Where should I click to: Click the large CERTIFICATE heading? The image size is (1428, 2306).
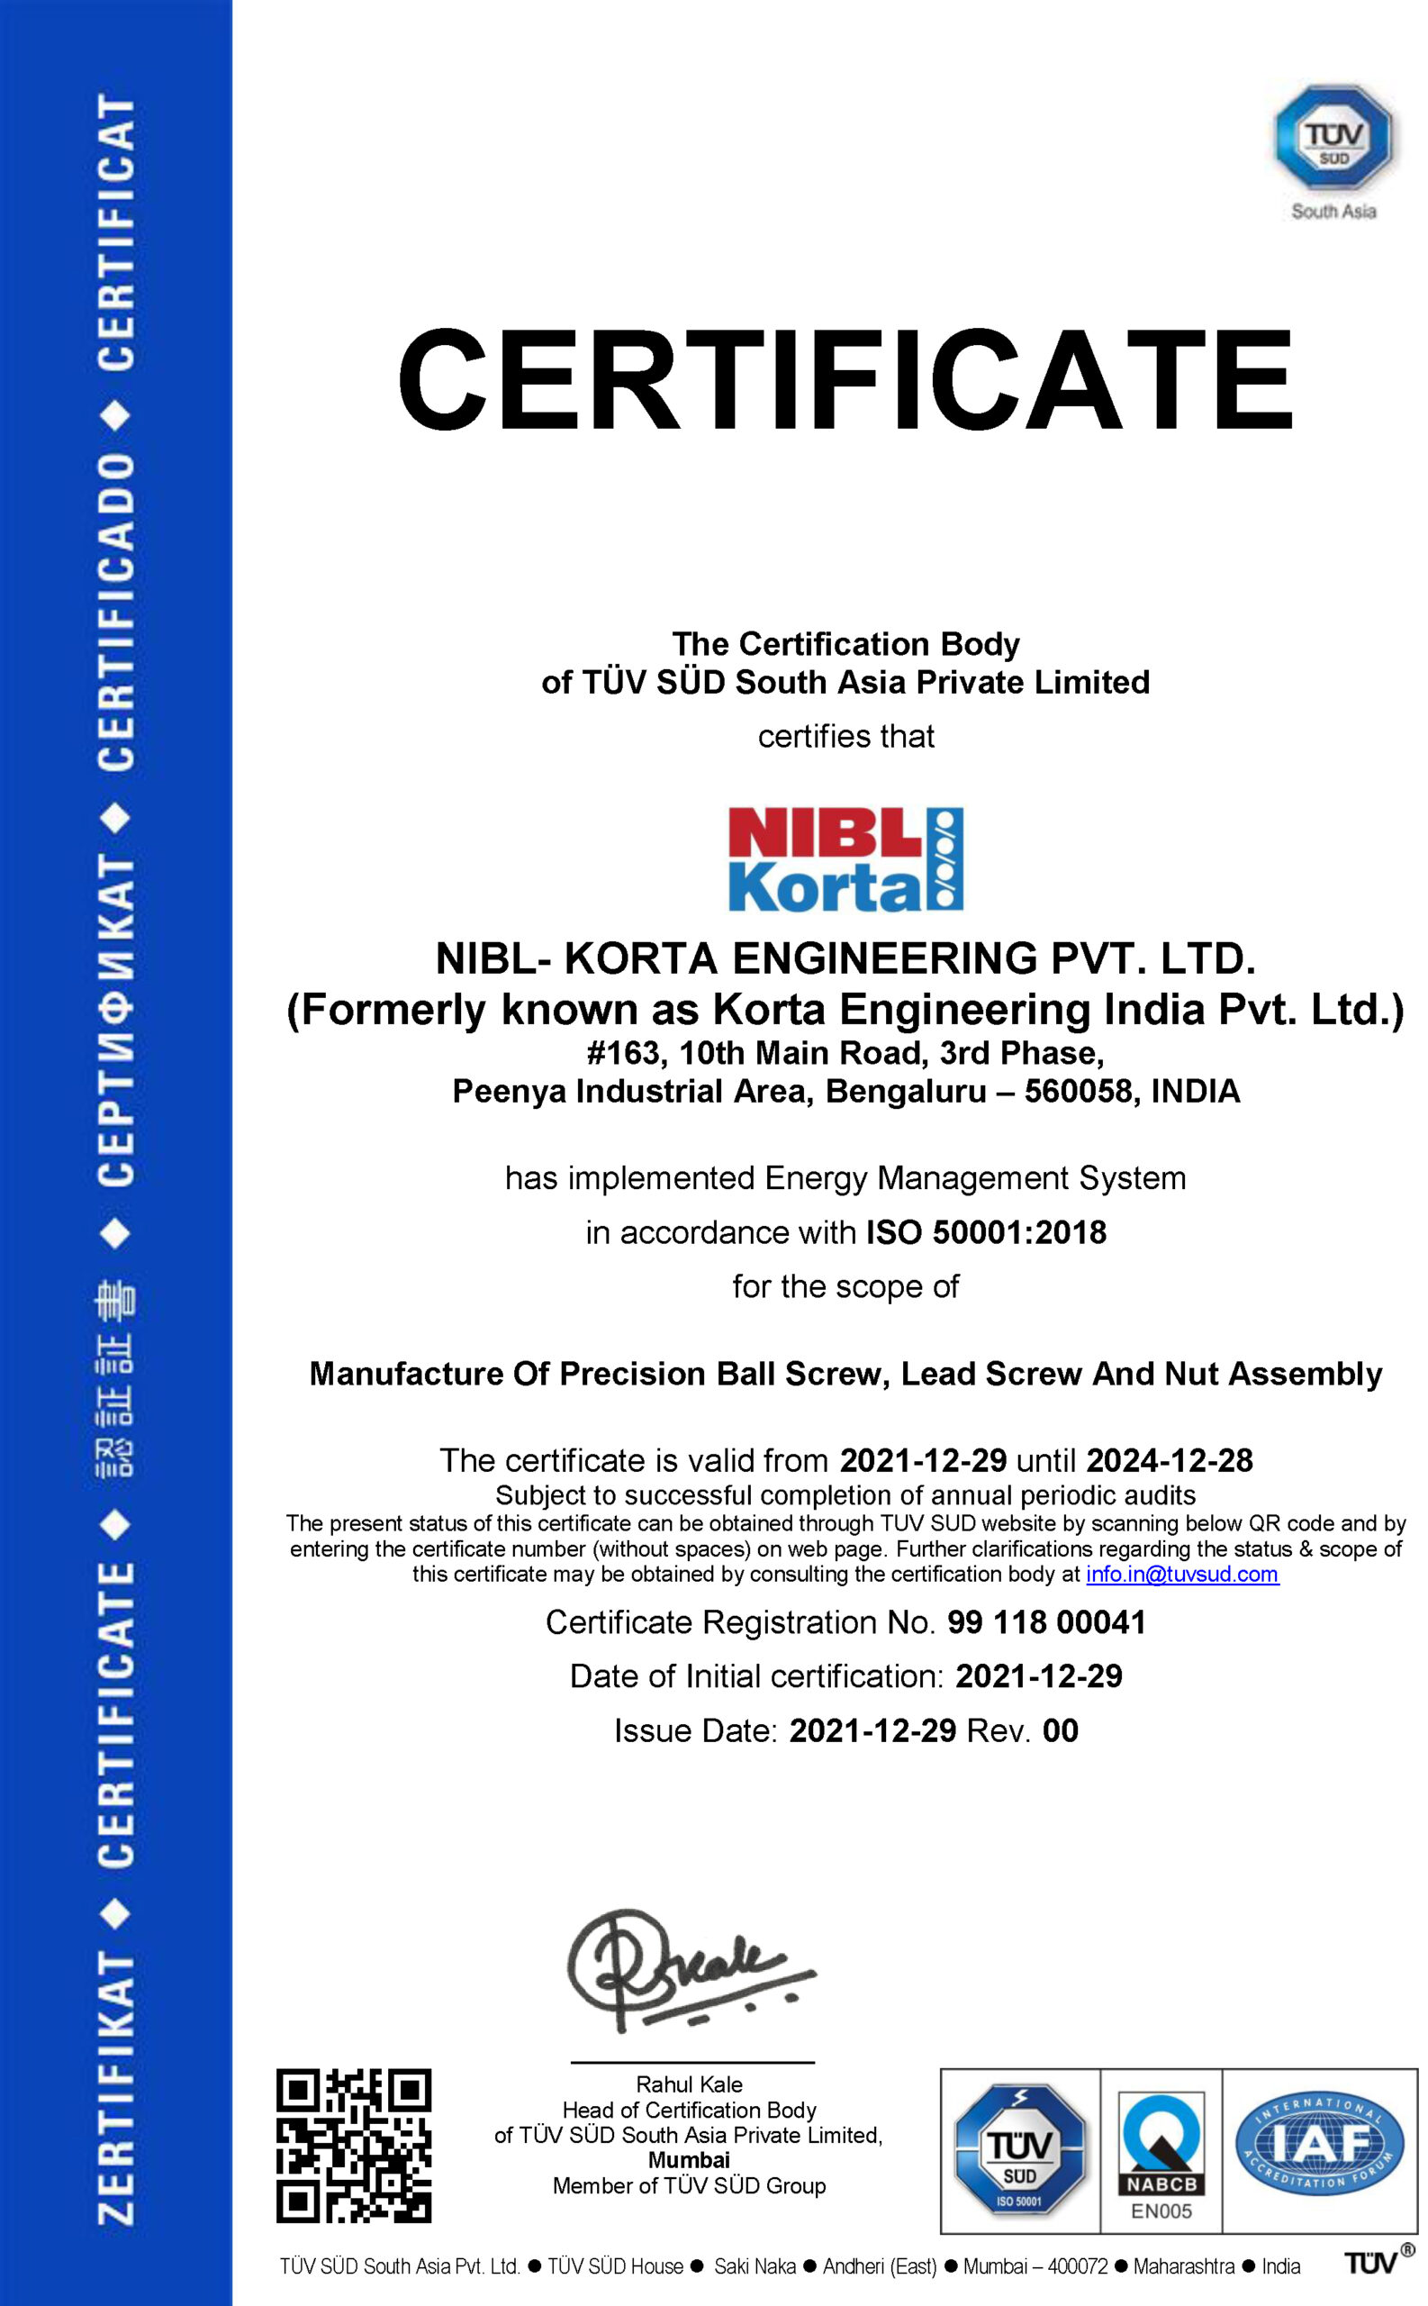[x=845, y=380]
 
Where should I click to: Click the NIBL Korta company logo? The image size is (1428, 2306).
[x=845, y=858]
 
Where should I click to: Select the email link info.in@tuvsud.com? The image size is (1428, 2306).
[x=1182, y=1574]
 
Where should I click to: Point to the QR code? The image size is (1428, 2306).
[x=354, y=2146]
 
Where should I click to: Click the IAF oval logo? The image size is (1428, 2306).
[x=1319, y=2140]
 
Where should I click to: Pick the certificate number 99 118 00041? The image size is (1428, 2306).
[x=1046, y=1622]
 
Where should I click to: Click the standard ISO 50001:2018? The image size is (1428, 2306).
[x=986, y=1232]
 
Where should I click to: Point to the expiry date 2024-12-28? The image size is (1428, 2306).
[x=1170, y=1460]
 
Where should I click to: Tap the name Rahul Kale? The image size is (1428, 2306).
[x=690, y=2084]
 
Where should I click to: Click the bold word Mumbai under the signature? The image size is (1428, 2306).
[x=690, y=2159]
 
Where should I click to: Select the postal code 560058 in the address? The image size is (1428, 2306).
[x=1079, y=1091]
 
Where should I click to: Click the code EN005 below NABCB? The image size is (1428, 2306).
[x=1161, y=2211]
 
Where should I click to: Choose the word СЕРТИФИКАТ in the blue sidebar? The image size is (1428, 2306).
[x=116, y=1021]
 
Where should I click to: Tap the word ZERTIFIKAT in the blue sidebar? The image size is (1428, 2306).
[x=116, y=2088]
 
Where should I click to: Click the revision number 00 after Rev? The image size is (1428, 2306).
[x=1060, y=1729]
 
